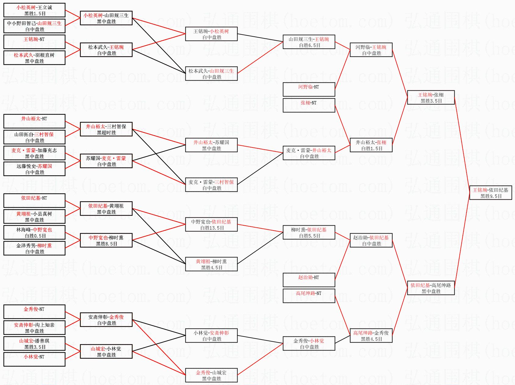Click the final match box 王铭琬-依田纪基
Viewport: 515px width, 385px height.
490,193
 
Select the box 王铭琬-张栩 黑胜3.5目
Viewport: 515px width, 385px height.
431,97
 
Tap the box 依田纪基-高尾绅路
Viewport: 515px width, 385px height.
431,288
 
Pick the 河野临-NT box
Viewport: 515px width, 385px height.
309,89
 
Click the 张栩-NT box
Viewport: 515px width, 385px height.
309,105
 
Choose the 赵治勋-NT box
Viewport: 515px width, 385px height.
309,280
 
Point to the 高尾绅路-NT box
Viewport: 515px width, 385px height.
309,296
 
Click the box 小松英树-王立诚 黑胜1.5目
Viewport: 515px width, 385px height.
34,10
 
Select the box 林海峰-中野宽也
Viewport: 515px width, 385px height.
34,232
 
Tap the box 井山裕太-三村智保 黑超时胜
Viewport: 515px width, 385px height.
106,129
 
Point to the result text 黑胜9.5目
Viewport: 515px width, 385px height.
491,196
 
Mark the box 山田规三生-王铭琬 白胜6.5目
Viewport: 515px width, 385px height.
309,42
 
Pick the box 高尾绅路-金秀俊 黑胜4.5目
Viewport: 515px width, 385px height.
371,336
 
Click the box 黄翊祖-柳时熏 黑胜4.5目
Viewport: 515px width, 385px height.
211,264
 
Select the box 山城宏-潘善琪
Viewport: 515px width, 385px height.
34,343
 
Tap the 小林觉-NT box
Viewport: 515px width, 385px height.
34,359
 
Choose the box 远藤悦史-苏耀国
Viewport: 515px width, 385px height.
34,169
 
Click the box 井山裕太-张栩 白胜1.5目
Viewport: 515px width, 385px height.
371,145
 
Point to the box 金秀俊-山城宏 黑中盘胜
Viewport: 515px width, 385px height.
211,375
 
